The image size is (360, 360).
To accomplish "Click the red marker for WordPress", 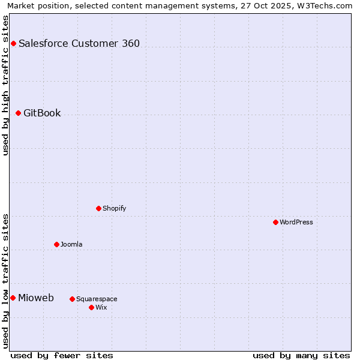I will coord(275,222).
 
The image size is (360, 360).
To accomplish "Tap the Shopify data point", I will coord(98,208).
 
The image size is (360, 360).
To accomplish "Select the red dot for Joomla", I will coord(56,244).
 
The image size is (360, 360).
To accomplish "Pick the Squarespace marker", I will coord(72,299).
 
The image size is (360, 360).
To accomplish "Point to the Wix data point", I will coord(91,307).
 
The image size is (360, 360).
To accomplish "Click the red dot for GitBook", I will coord(18,113).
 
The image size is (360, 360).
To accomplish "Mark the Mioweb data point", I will coord(13,298).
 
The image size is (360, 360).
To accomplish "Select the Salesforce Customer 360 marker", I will coord(13,43).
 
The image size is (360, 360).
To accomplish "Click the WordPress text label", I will coord(296,223).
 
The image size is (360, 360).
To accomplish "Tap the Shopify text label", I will coord(114,209).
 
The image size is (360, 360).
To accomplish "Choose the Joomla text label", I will coord(71,245).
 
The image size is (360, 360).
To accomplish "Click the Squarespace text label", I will coord(97,299).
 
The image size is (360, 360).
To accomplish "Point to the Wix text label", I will coord(101,308).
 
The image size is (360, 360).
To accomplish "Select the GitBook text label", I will coord(42,113).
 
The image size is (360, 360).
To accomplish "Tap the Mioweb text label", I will coord(36,298).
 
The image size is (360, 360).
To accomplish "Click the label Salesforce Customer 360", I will coord(79,44).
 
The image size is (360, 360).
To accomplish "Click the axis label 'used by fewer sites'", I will coord(62,355).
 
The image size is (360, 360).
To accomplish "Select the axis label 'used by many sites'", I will coord(301,355).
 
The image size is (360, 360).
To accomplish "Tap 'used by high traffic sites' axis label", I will coord(6,85).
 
